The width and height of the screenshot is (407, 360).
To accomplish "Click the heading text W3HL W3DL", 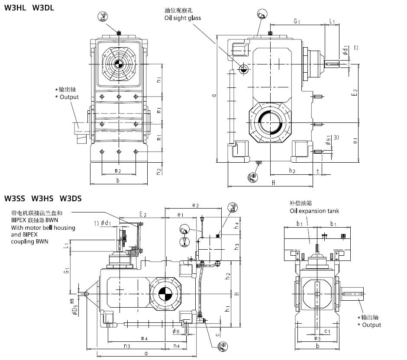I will pyautogui.click(x=29, y=7).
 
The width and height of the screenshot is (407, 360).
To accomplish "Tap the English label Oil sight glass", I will pyautogui.click(x=182, y=18).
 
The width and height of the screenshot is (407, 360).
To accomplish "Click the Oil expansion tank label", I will pyautogui.click(x=314, y=211).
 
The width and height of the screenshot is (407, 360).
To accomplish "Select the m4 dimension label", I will pyautogui.click(x=145, y=337).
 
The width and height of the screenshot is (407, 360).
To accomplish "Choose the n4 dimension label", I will pyautogui.click(x=176, y=346).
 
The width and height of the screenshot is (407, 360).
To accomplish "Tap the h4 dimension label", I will pyautogui.click(x=236, y=225).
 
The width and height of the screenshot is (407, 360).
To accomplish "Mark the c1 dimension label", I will pyautogui.click(x=328, y=331).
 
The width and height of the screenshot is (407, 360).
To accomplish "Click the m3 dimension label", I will pyautogui.click(x=317, y=338).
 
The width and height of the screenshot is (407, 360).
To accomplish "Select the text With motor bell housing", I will pyautogui.click(x=43, y=228).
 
